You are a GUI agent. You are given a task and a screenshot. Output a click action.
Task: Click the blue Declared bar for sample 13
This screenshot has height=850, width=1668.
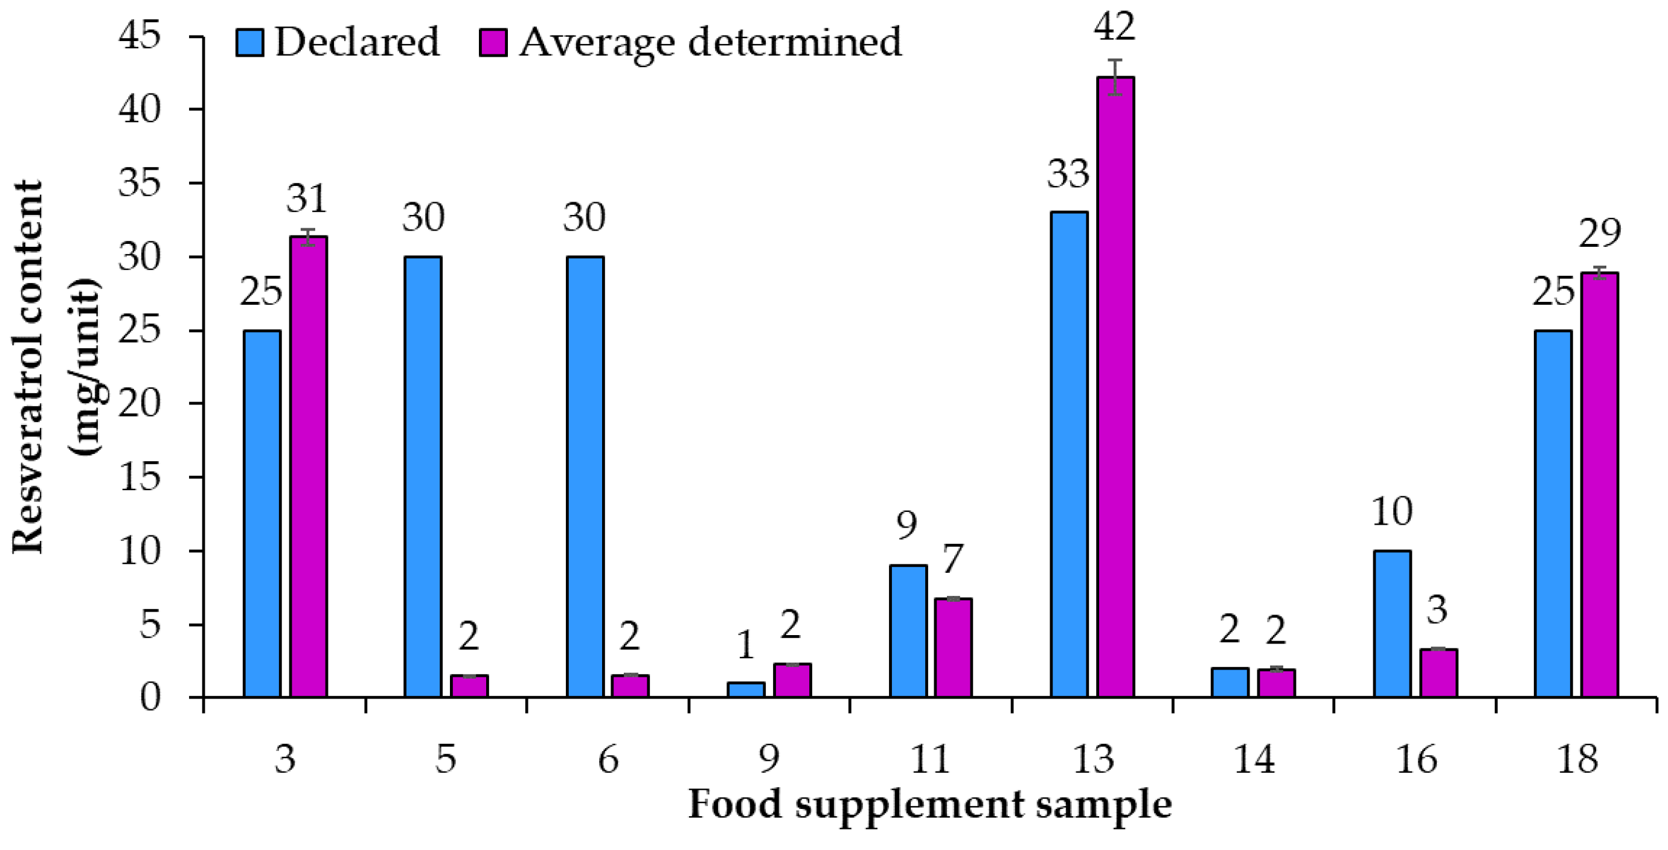pos(1069,454)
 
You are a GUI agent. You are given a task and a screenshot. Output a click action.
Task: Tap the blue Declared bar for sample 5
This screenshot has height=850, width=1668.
pos(423,476)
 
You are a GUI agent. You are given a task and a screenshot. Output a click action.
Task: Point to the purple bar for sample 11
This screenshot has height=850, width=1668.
pos(953,647)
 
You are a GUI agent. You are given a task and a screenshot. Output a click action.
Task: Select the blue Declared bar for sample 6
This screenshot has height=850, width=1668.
pos(585,476)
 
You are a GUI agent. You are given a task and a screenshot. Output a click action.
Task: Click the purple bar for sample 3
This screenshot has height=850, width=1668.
pos(308,466)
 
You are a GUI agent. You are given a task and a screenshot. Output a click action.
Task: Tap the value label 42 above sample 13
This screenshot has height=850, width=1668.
pos(1114,27)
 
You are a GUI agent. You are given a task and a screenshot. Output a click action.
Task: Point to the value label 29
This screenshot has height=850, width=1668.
pos(1599,233)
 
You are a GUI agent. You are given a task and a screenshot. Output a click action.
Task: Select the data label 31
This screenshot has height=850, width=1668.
pos(307,198)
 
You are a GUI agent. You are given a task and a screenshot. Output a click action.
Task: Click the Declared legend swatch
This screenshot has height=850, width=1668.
pos(249,42)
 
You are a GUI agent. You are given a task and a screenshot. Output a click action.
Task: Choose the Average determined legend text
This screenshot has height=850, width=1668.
pos(710,42)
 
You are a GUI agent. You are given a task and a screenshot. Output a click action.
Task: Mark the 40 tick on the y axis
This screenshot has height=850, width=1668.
pos(140,110)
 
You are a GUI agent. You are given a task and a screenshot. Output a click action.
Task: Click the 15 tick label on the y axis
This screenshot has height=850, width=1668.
pos(140,478)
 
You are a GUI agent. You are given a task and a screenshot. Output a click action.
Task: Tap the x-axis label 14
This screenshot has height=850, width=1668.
pos(1254,759)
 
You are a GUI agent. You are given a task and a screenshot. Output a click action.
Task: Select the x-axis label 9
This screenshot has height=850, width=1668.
pos(769,759)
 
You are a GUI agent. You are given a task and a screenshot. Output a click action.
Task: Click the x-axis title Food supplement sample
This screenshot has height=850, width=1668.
pos(930,805)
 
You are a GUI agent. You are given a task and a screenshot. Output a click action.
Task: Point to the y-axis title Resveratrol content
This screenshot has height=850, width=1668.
pos(27,366)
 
